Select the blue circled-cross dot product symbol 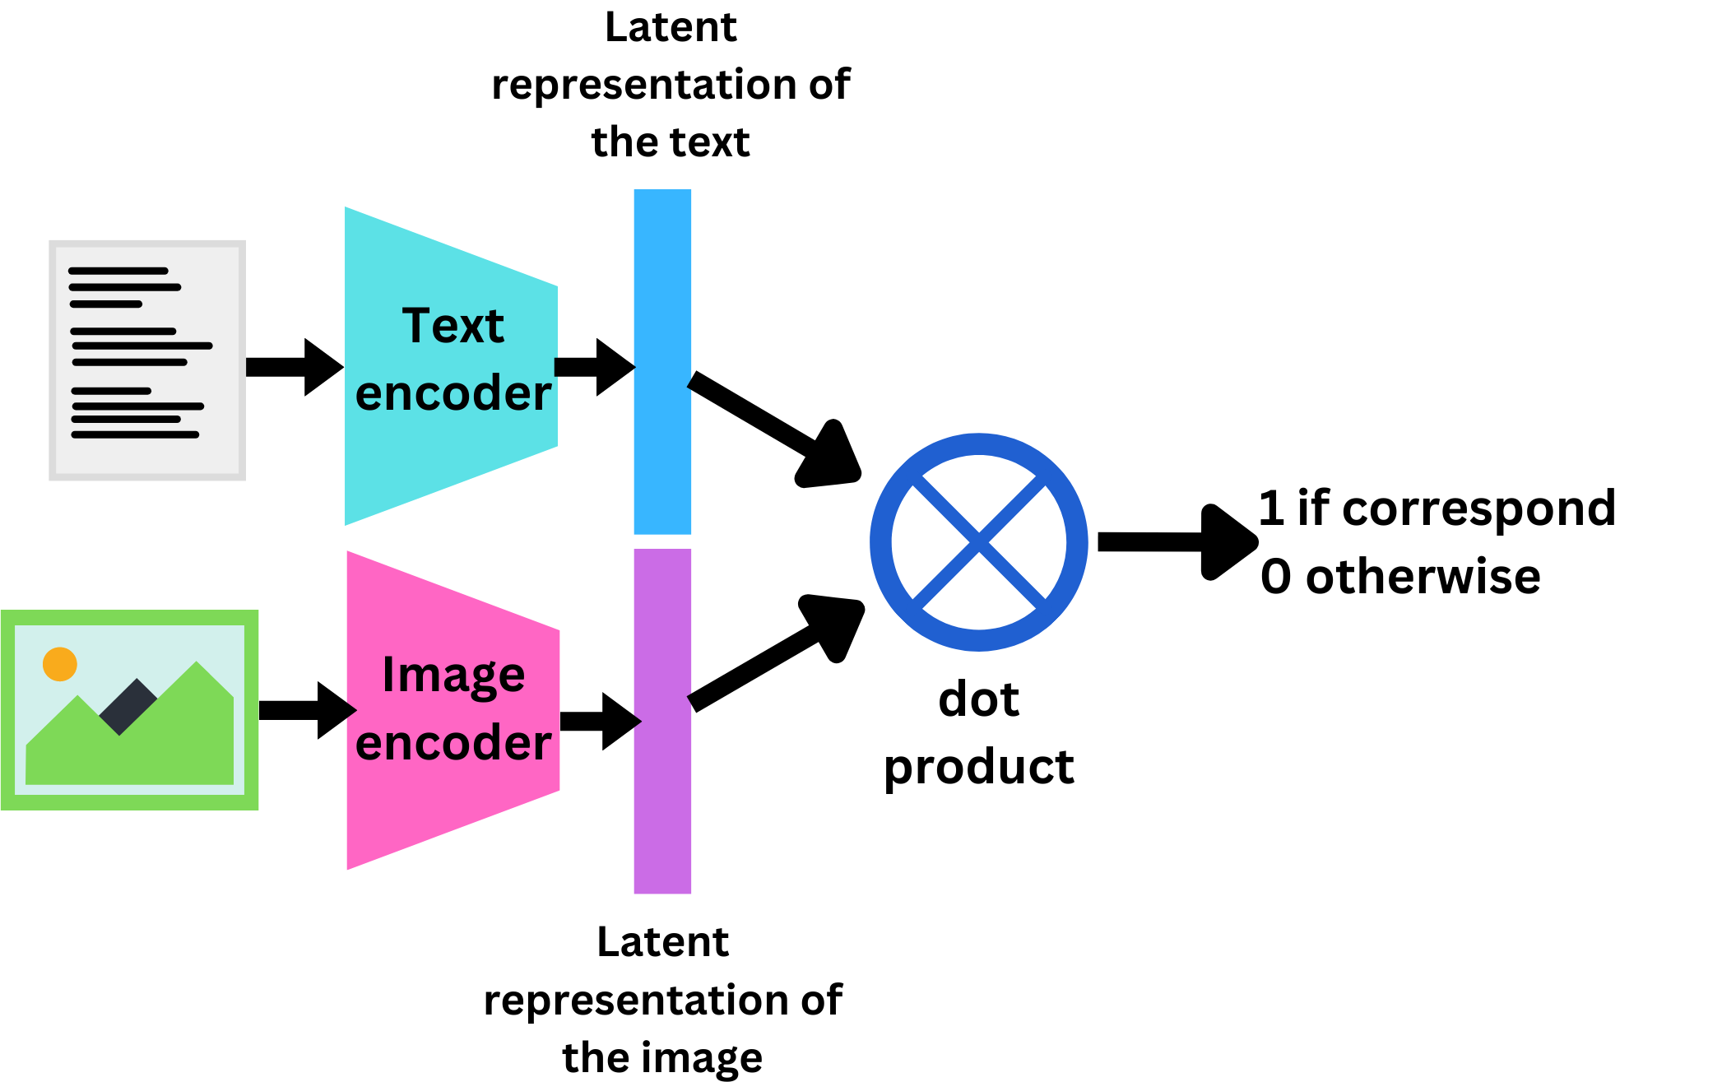[x=979, y=542]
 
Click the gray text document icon [x=147, y=360]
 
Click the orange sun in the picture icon [x=60, y=664]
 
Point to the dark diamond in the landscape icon [x=128, y=706]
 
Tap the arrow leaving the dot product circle [x=1177, y=542]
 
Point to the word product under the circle [x=979, y=767]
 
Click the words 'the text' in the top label [x=670, y=142]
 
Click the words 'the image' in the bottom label [x=662, y=1056]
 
